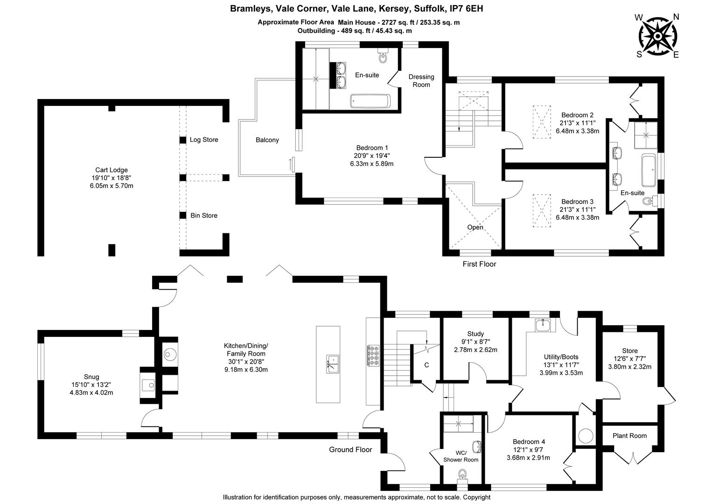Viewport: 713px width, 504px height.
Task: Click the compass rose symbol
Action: pyautogui.click(x=657, y=36)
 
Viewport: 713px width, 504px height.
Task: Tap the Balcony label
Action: pyautogui.click(x=267, y=140)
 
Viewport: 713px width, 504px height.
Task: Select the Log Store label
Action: pyautogui.click(x=204, y=140)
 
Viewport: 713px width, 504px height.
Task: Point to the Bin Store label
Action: pyautogui.click(x=204, y=216)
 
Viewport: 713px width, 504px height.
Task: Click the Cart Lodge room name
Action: pyautogui.click(x=112, y=170)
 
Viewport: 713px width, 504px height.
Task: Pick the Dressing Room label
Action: pyautogui.click(x=421, y=81)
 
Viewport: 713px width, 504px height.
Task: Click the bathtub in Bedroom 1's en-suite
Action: pyautogui.click(x=370, y=101)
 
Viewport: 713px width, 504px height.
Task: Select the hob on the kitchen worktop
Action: pyautogui.click(x=373, y=356)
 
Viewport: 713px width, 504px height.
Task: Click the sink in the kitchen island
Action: pyautogui.click(x=332, y=364)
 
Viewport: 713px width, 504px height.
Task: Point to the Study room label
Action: pyautogui.click(x=475, y=334)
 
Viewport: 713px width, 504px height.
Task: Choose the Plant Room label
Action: pyautogui.click(x=629, y=436)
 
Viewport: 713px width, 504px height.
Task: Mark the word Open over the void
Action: pyautogui.click(x=475, y=227)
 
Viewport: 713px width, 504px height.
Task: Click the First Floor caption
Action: pyautogui.click(x=479, y=264)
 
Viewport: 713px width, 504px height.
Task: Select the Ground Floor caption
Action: pyautogui.click(x=350, y=449)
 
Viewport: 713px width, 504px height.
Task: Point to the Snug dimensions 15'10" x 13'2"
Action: pyautogui.click(x=91, y=385)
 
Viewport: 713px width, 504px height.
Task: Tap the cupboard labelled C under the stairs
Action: pyautogui.click(x=426, y=365)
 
